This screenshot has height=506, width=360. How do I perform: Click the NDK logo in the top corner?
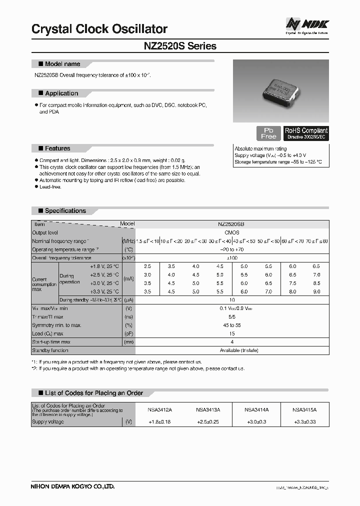[x=306, y=24]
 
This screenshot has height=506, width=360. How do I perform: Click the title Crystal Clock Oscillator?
[x=99, y=29]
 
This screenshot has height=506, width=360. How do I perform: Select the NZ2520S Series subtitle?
[x=180, y=46]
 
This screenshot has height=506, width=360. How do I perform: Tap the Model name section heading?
[x=62, y=64]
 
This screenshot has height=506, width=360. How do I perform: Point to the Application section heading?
[x=61, y=93]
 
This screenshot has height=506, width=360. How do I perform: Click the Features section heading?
[x=57, y=148]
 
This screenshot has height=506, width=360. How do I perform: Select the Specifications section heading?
[x=65, y=211]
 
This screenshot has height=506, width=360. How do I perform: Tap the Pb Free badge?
[x=268, y=133]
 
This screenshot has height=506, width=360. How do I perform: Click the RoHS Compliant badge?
[x=306, y=133]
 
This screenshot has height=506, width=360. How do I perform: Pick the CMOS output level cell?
[x=232, y=233]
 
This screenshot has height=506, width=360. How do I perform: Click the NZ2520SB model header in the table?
[x=232, y=225]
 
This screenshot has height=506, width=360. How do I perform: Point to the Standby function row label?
[x=50, y=350]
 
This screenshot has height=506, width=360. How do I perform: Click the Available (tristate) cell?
[x=232, y=350]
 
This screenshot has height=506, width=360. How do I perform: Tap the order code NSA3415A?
[x=304, y=409]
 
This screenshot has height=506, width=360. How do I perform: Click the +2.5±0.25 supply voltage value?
[x=208, y=422]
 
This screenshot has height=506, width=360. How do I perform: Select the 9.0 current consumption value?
[x=316, y=291]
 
